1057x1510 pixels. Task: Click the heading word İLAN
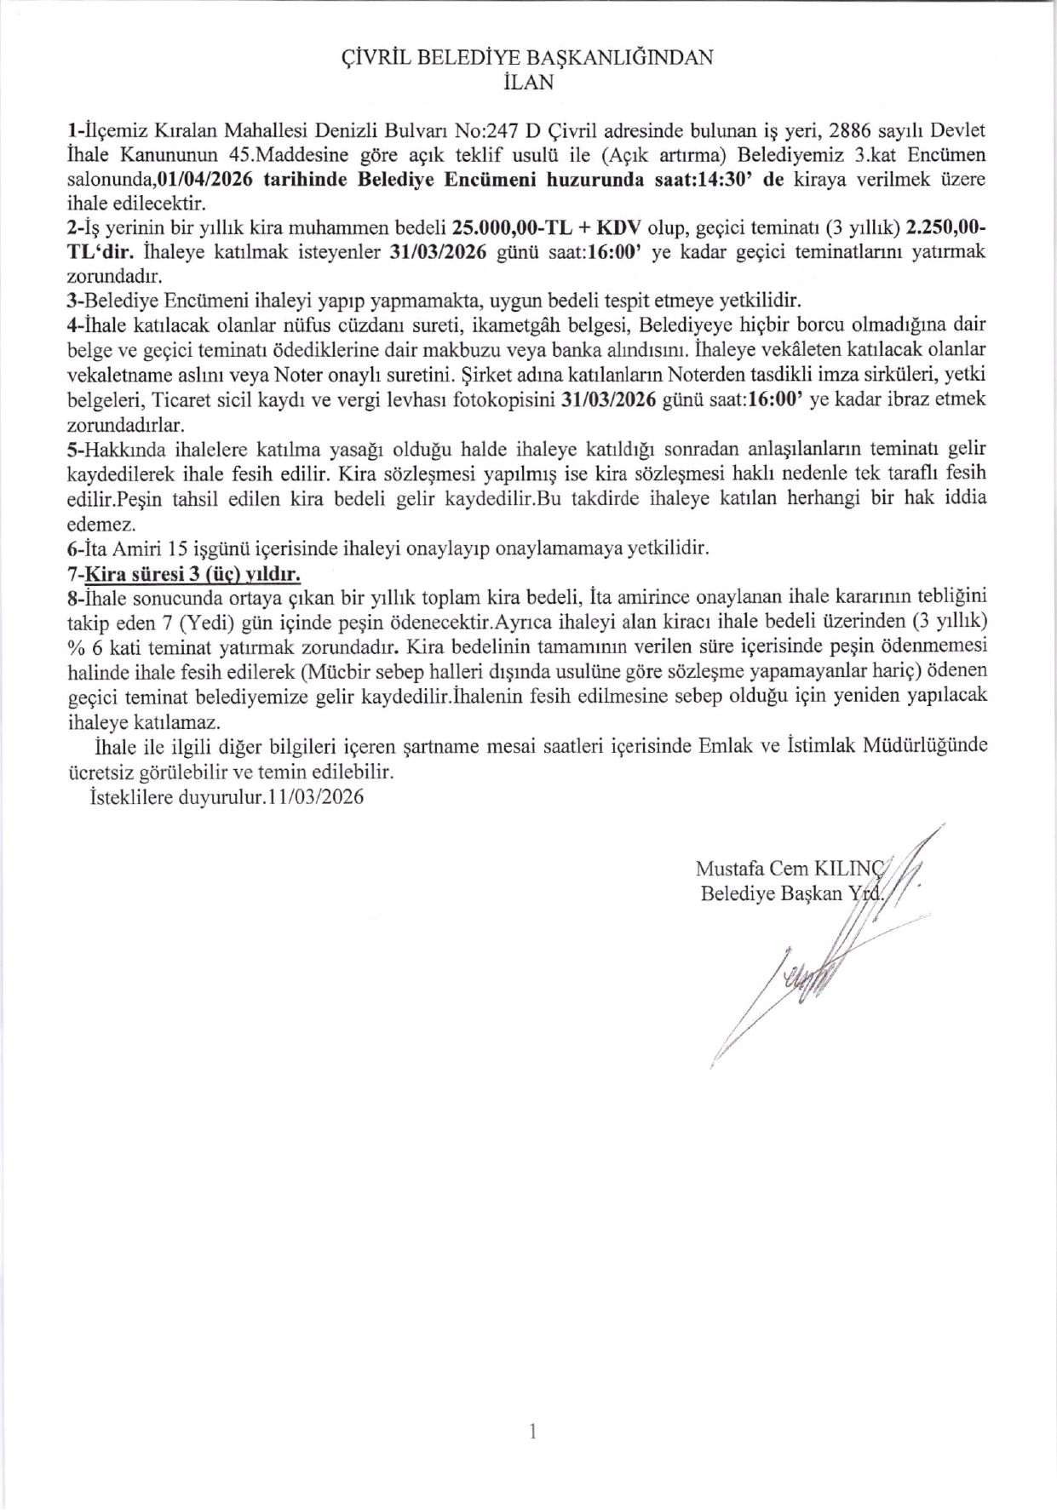click(528, 83)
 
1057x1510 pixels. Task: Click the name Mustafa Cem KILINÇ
click(791, 869)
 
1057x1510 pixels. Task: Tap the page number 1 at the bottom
click(532, 1432)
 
